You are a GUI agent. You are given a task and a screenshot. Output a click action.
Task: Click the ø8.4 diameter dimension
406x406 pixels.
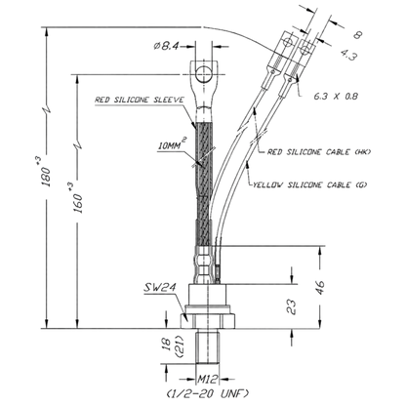coord(166,46)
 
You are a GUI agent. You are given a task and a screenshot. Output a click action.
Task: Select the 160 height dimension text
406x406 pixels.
coord(78,198)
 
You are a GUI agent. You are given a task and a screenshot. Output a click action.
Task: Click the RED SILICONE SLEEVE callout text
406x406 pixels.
coord(140,100)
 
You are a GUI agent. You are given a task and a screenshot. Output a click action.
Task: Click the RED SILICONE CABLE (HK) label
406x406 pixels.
coord(319,152)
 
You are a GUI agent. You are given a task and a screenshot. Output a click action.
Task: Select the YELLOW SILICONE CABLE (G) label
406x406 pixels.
coord(310,184)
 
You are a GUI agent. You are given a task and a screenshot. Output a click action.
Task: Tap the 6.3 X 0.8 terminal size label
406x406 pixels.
coord(336,97)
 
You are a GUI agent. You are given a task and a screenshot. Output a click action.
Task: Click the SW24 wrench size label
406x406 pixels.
coord(160,287)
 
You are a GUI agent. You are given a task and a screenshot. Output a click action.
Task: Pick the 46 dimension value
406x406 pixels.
coord(320,287)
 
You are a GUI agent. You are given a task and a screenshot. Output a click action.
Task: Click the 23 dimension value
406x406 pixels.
coord(292,306)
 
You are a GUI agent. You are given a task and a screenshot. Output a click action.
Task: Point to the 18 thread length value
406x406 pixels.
coord(166,344)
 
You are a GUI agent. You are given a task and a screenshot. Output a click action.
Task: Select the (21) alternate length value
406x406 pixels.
coord(180,345)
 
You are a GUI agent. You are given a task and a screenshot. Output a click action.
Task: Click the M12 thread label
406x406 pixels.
coord(207,379)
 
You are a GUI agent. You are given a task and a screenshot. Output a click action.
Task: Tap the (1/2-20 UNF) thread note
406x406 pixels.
coord(208,393)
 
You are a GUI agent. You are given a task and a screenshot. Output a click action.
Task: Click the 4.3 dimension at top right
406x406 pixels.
coord(349,55)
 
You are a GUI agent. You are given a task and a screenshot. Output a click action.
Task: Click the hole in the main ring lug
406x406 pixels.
coord(204,75)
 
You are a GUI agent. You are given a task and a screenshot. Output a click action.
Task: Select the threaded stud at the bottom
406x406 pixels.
coord(207,346)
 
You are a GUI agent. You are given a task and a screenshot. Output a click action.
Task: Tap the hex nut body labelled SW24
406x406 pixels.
coord(207,320)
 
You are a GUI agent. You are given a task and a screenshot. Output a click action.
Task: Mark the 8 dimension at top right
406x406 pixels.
coord(357,35)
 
